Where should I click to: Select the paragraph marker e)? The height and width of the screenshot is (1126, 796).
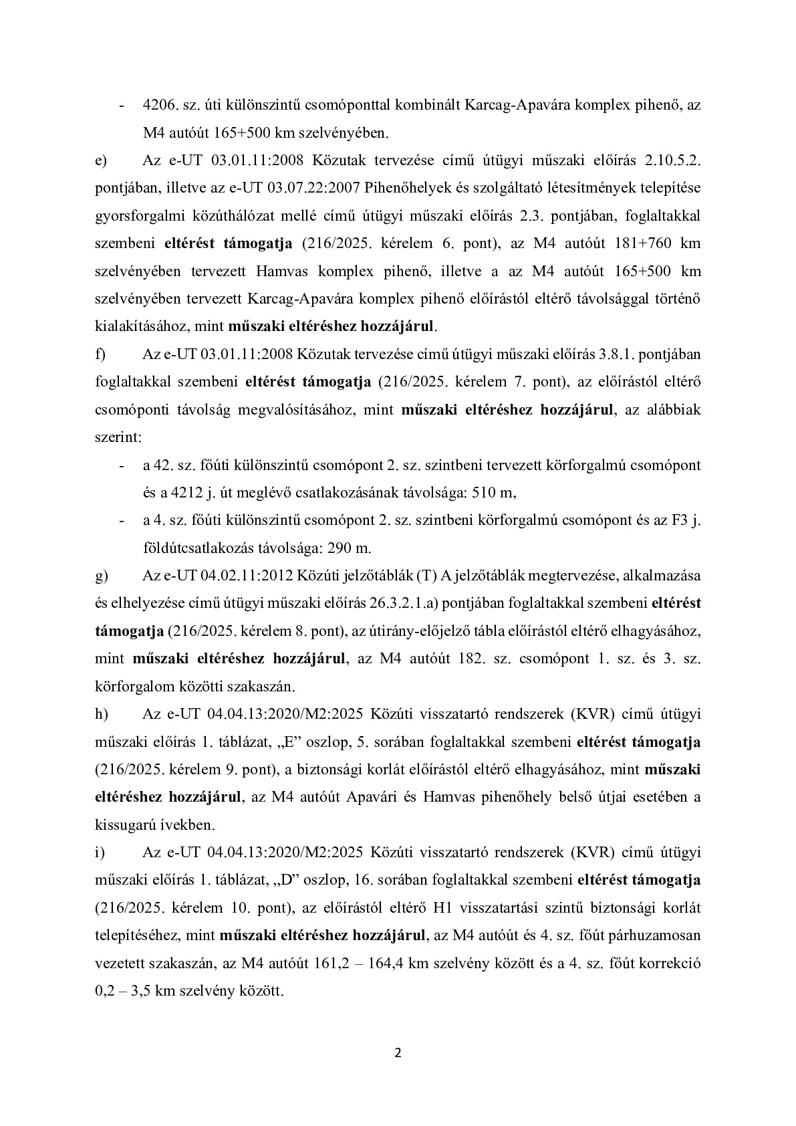click(101, 160)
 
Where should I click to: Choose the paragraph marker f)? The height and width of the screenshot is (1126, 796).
click(100, 354)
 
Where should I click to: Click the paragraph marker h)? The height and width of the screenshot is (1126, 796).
click(101, 714)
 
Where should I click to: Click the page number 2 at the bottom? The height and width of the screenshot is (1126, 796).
click(398, 1054)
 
